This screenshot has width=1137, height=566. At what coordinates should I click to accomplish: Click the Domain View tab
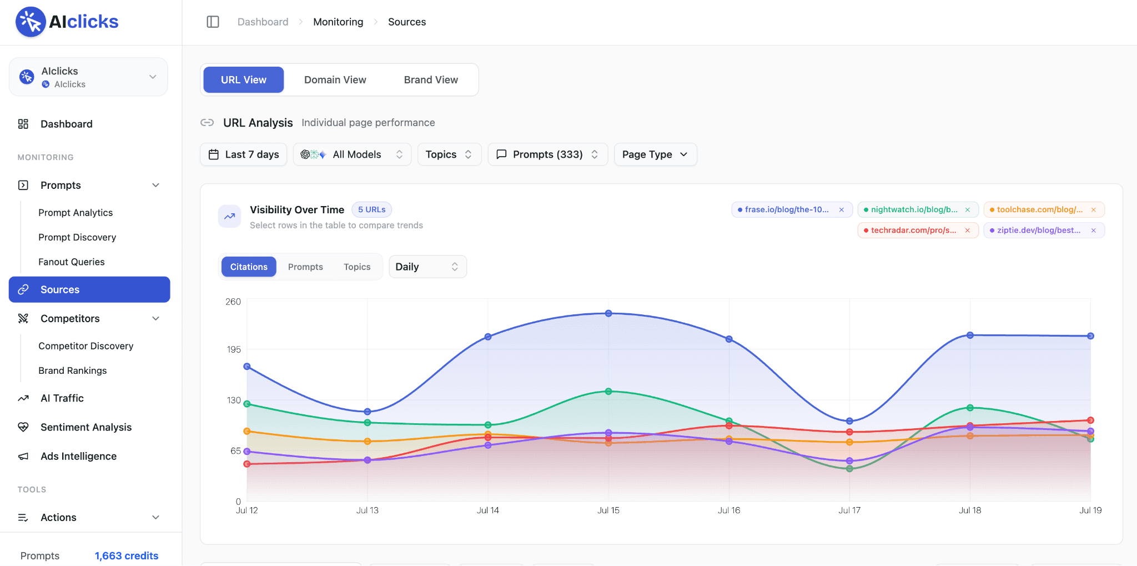pyautogui.click(x=335, y=80)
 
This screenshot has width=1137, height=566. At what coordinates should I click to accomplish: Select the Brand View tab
pyautogui.click(x=431, y=80)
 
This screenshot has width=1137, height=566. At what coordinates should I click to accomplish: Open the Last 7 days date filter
pyautogui.click(x=243, y=154)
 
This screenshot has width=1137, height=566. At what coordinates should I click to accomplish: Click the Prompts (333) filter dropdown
pyautogui.click(x=547, y=154)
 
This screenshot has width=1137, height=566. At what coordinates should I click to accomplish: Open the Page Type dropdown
pyautogui.click(x=655, y=154)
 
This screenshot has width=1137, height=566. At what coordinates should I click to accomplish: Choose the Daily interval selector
pyautogui.click(x=427, y=267)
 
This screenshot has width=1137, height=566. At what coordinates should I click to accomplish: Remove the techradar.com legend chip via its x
pyautogui.click(x=968, y=231)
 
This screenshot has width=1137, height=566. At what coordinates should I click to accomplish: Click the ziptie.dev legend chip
pyautogui.click(x=1044, y=231)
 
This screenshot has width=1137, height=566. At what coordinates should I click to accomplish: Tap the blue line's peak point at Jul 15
pyautogui.click(x=608, y=313)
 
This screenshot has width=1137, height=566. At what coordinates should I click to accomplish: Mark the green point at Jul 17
pyautogui.click(x=849, y=469)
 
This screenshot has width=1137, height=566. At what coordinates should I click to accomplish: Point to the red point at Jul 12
pyautogui.click(x=247, y=464)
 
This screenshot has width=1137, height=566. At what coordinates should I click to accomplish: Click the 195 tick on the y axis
pyautogui.click(x=234, y=349)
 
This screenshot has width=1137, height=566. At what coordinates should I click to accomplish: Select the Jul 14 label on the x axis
pyautogui.click(x=487, y=510)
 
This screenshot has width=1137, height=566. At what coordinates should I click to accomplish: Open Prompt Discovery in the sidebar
pyautogui.click(x=77, y=237)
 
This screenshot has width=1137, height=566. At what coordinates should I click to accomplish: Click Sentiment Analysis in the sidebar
pyautogui.click(x=86, y=427)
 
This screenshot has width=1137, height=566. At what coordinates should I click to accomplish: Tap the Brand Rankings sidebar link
pyautogui.click(x=72, y=370)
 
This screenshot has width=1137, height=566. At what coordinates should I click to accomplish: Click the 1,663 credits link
pyautogui.click(x=127, y=556)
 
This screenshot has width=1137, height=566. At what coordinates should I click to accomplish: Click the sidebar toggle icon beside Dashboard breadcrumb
pyautogui.click(x=213, y=22)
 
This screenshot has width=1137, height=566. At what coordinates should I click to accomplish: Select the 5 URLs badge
pyautogui.click(x=371, y=209)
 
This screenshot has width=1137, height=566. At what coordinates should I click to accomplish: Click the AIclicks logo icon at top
pyautogui.click(x=31, y=22)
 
